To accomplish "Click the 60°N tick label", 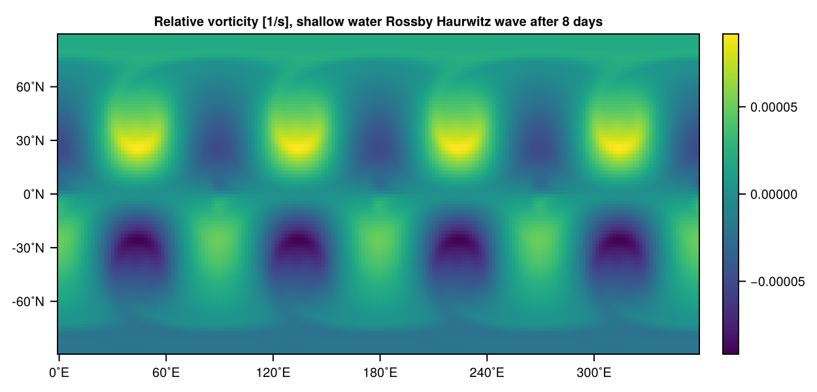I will tap(31, 87).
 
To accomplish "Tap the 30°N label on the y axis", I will tap(31, 140).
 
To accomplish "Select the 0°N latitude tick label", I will tap(33, 194).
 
